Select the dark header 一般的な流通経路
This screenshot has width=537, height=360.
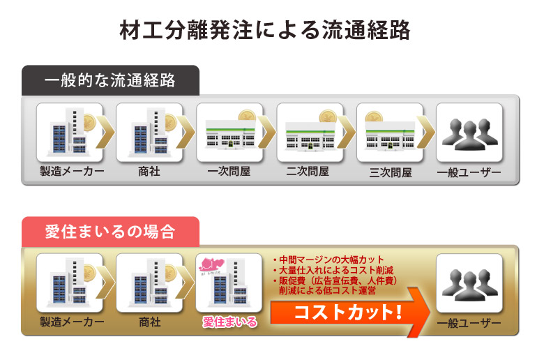coord(109,80)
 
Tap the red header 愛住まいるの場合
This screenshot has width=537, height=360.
coord(109,232)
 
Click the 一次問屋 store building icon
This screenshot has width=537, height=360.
coord(229,135)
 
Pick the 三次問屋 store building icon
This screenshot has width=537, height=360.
coord(389,135)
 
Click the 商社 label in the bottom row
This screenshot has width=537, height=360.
coord(149,322)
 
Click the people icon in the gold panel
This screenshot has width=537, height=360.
coord(469,285)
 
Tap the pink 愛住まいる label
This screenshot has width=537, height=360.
coord(229,322)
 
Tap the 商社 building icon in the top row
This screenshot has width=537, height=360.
coord(148,133)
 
